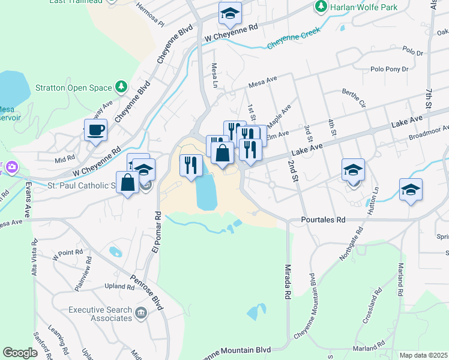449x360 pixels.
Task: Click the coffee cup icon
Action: (96, 129)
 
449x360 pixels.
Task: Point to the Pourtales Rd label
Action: (324, 220)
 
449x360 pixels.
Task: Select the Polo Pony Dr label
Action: (390, 69)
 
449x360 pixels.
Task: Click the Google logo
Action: (20, 353)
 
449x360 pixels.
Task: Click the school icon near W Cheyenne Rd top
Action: (230, 15)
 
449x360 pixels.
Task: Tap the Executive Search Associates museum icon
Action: (141, 313)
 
